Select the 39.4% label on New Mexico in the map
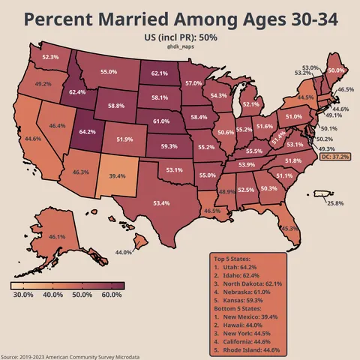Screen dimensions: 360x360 [x=117, y=175]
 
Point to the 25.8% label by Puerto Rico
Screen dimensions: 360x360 [x=335, y=203]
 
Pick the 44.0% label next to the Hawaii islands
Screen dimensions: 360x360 [x=124, y=253]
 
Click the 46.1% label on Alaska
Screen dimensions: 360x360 [x=56, y=236]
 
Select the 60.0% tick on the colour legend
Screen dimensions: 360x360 [x=111, y=295]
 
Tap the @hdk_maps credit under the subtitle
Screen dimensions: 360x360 [x=179, y=46]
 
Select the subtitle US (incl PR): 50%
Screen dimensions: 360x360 [x=180, y=36]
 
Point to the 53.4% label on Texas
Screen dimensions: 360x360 [x=161, y=203]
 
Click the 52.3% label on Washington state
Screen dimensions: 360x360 [x=50, y=57]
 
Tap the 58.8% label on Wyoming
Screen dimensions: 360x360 [x=116, y=106]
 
